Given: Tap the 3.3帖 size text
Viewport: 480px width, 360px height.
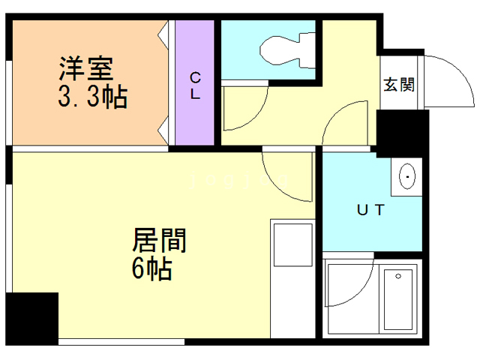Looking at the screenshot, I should (x=93, y=97).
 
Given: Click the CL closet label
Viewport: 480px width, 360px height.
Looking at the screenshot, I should (x=194, y=85).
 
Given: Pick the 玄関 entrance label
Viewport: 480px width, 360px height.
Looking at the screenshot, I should (x=397, y=84).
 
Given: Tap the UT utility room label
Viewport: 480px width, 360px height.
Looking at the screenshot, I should (x=369, y=210).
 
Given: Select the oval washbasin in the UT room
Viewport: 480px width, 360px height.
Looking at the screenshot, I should (x=408, y=178).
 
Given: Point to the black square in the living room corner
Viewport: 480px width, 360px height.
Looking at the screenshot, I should (x=31, y=318).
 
